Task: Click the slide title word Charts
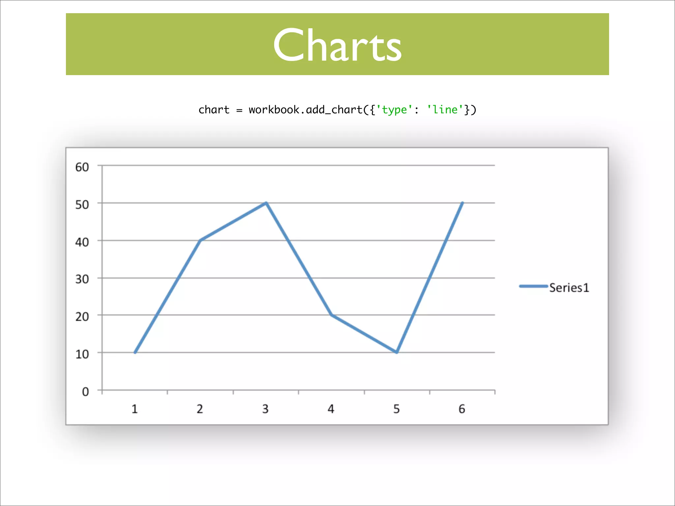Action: click(x=337, y=45)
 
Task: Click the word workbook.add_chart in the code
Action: click(x=306, y=110)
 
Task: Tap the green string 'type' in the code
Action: click(x=394, y=110)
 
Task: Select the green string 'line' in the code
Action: click(x=445, y=110)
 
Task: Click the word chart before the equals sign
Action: click(x=214, y=110)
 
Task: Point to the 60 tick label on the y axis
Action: click(x=82, y=167)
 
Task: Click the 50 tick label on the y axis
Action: click(x=82, y=205)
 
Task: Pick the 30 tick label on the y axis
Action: click(x=82, y=279)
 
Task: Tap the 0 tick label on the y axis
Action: click(x=85, y=392)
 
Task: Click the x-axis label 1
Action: click(x=134, y=409)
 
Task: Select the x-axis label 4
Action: click(x=331, y=409)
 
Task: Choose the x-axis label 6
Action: click(x=462, y=409)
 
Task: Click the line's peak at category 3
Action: click(x=266, y=203)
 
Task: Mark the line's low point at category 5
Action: click(x=396, y=352)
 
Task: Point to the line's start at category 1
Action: click(x=135, y=352)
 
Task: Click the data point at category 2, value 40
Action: click(x=200, y=240)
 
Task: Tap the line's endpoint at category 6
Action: click(x=462, y=203)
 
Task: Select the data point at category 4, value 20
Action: click(x=331, y=315)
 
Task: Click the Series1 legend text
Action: click(x=569, y=288)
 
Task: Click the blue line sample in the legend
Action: click(x=533, y=286)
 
